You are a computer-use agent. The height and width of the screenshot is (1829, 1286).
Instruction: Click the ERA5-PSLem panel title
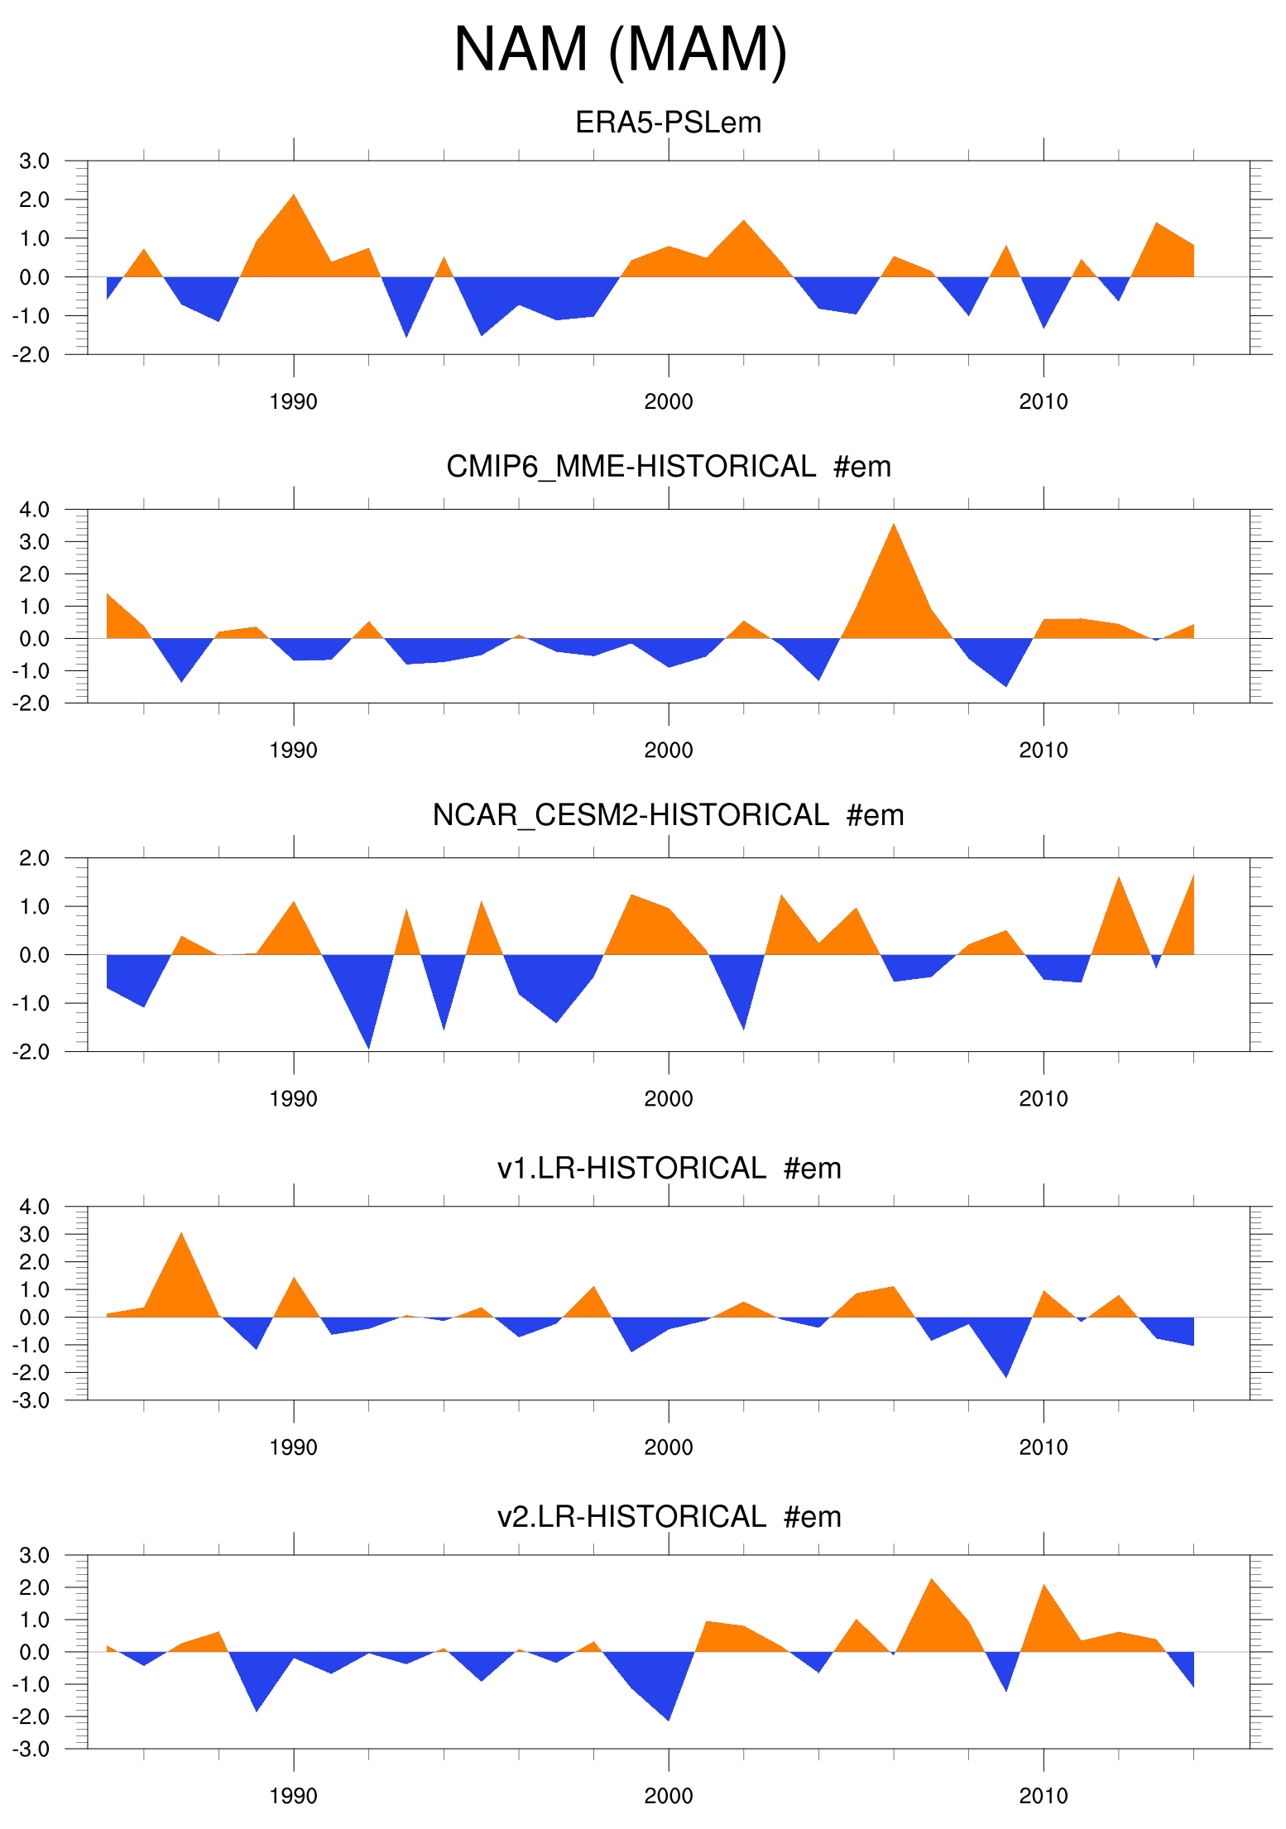[668, 122]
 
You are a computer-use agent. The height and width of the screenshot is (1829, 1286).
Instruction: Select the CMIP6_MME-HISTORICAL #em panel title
[668, 467]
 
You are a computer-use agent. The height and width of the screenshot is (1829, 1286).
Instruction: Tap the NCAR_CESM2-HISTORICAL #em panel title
[668, 815]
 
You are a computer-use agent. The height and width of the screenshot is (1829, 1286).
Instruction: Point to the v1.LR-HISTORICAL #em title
[668, 1168]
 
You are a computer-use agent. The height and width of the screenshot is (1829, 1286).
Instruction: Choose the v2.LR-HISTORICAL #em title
[668, 1516]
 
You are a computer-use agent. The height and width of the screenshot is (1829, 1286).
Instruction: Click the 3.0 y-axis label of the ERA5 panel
[35, 161]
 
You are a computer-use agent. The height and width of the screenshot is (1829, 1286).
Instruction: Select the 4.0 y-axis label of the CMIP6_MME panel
[35, 510]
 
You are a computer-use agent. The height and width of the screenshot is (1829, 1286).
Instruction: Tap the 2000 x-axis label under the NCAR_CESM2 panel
[669, 1099]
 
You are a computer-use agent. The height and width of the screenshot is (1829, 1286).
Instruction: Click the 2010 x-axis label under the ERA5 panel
[1044, 402]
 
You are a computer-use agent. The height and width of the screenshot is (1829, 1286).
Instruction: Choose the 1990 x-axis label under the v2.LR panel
[294, 1796]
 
